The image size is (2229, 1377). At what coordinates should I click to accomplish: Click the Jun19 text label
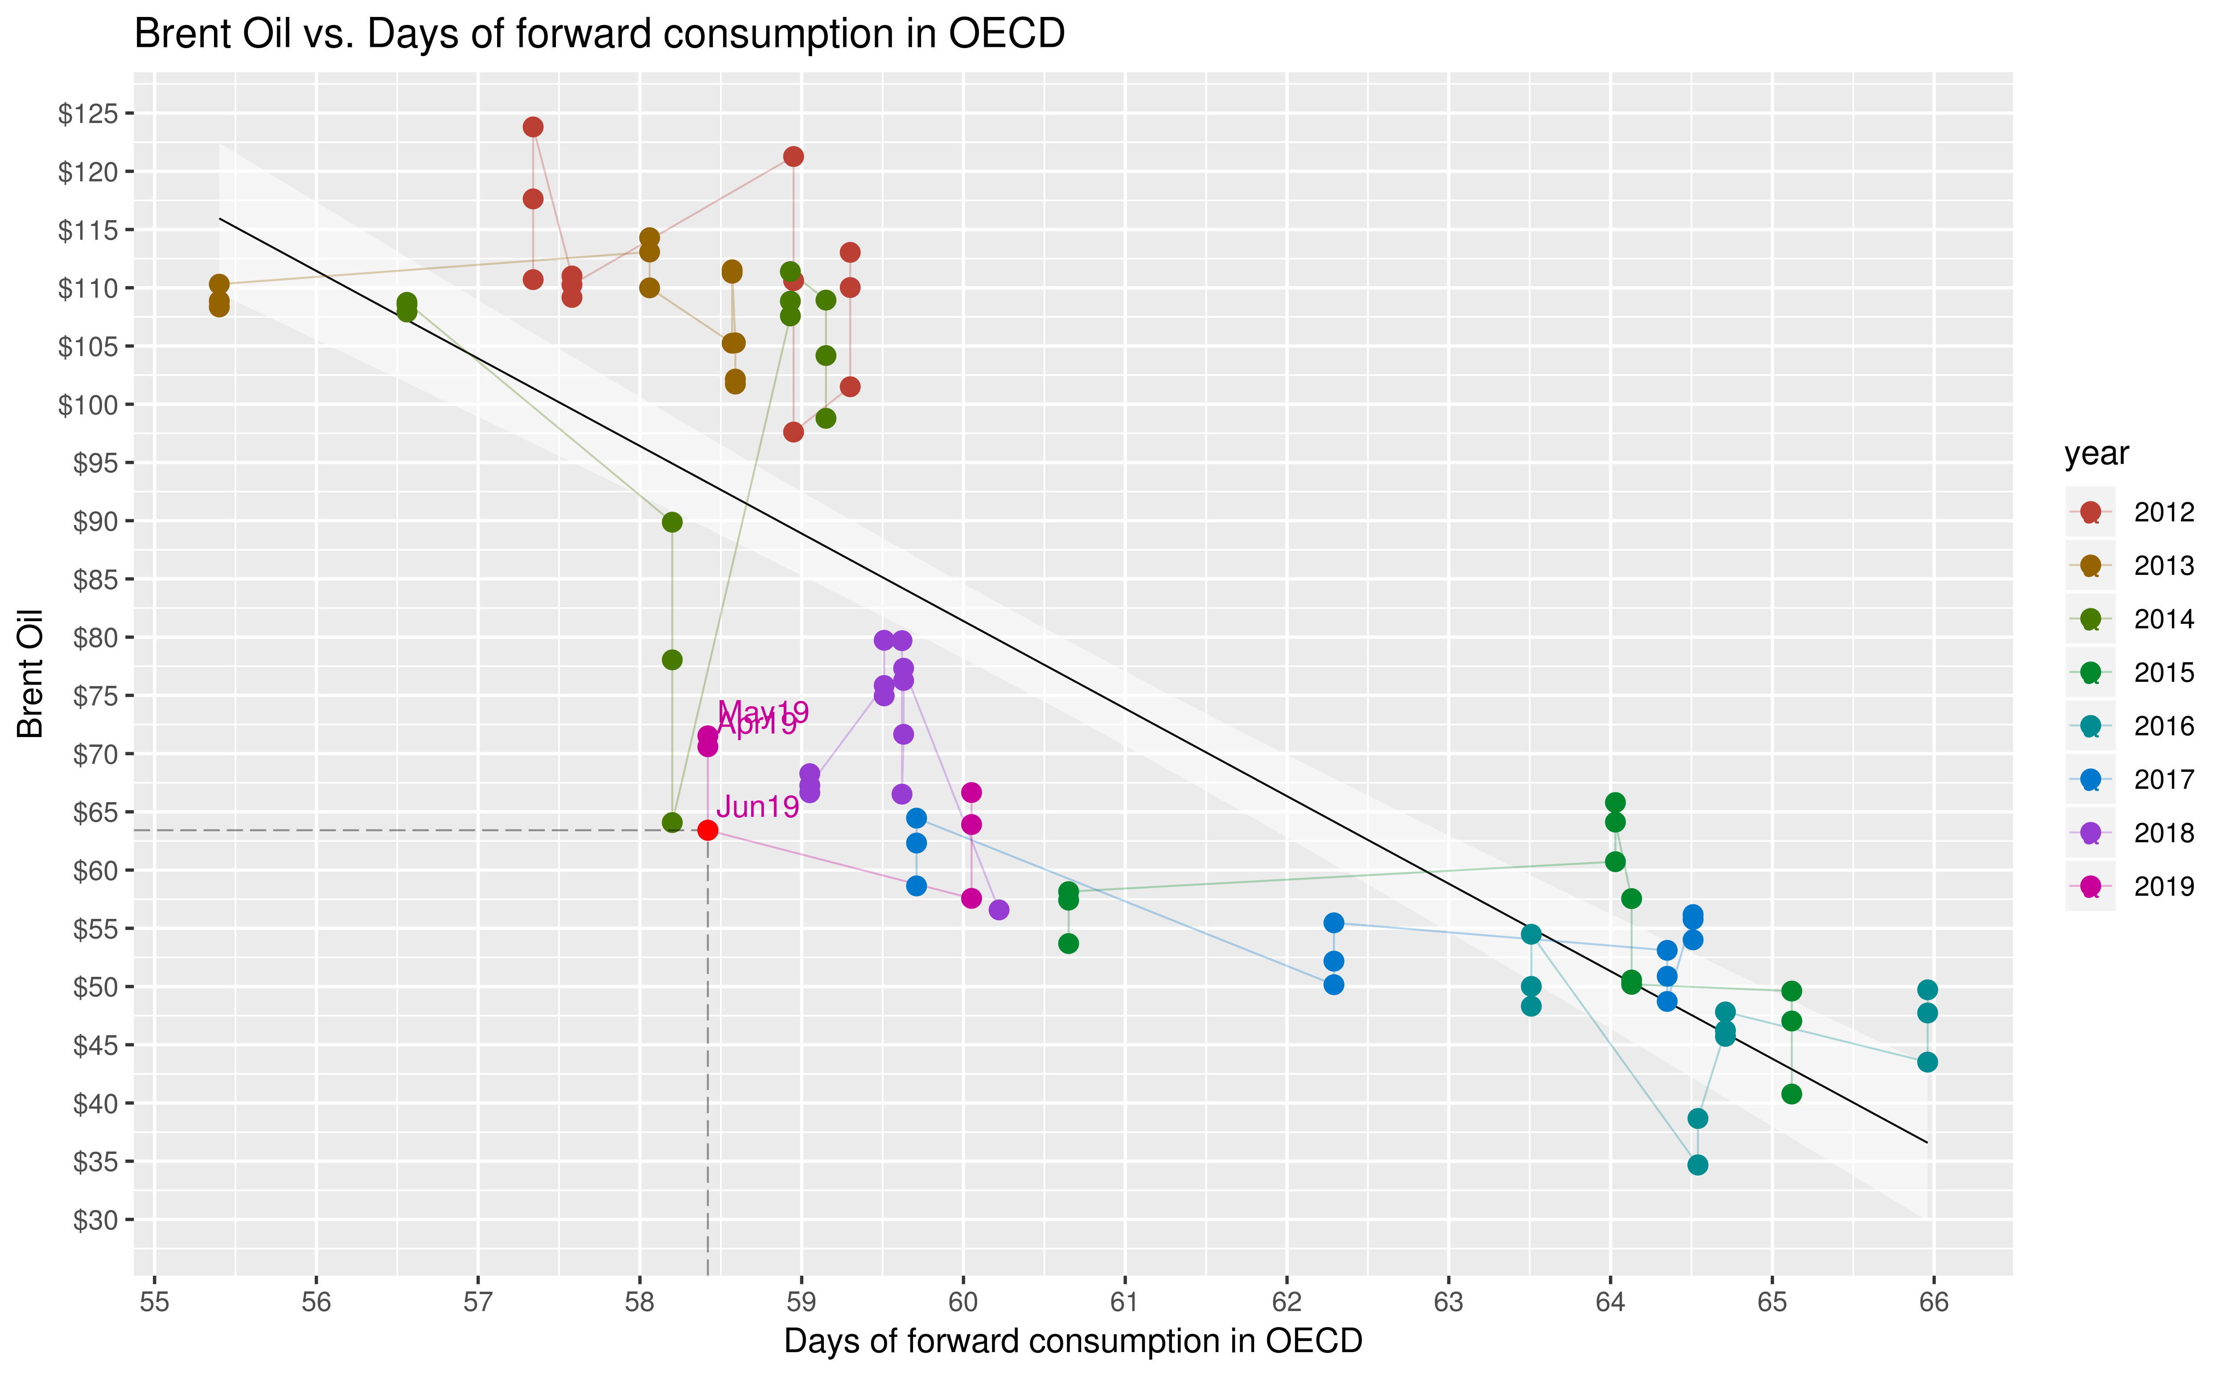pos(757,807)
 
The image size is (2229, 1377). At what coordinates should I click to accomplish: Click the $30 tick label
pos(95,1219)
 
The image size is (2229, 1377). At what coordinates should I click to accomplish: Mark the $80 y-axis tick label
pos(95,638)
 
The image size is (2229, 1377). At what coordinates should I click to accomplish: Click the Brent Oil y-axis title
pos(30,674)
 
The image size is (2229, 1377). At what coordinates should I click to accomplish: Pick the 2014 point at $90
pos(672,522)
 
